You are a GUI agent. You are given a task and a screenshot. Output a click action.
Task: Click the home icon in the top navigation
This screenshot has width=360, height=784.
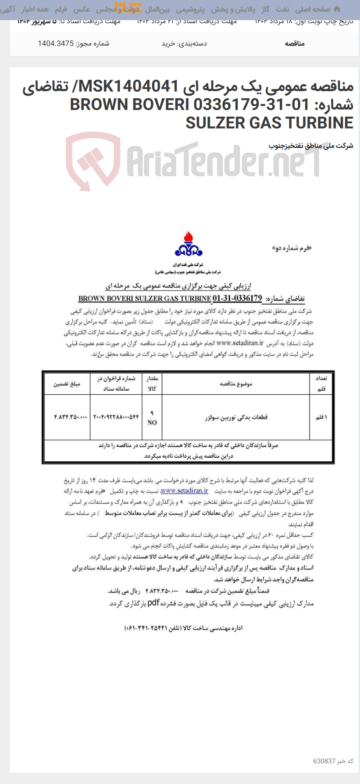[337, 9]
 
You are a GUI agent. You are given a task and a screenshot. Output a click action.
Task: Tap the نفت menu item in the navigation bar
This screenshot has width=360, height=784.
[282, 9]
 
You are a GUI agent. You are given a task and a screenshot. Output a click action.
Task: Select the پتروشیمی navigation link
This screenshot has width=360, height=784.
[190, 9]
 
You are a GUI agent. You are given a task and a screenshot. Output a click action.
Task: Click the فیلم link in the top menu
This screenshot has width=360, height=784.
[61, 9]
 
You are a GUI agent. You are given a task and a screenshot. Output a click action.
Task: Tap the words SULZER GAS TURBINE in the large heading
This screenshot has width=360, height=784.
[269, 123]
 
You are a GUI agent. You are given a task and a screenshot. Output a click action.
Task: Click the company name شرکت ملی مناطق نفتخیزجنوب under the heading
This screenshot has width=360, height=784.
[310, 146]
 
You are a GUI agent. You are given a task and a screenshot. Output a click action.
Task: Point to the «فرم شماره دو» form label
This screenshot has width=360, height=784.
[292, 249]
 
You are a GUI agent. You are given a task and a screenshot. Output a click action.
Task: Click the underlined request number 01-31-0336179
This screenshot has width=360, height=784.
[237, 299]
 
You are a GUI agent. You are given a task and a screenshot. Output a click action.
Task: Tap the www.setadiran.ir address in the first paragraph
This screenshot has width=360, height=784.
[240, 343]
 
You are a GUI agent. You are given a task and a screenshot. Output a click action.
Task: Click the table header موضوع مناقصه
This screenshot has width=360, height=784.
[236, 384]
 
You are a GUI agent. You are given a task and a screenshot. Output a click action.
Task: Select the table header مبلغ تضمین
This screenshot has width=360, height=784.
[67, 384]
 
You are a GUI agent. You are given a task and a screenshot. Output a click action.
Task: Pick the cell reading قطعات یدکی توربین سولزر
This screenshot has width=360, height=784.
[236, 418]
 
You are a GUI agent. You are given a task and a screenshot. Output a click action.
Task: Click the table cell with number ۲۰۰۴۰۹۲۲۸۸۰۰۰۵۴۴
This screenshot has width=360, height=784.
[116, 417]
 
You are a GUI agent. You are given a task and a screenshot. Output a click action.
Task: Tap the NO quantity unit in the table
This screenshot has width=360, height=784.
[152, 423]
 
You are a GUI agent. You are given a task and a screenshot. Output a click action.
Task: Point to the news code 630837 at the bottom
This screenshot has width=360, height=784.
[324, 761]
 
